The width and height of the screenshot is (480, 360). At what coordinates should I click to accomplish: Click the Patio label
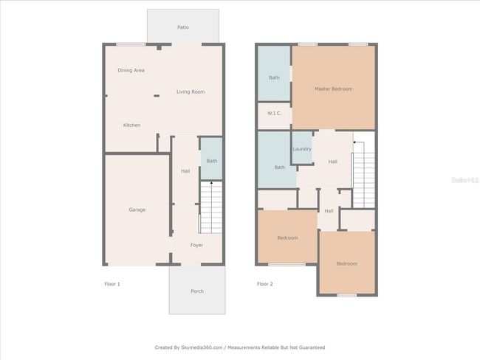click(183, 27)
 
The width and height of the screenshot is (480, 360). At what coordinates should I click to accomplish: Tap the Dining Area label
click(131, 70)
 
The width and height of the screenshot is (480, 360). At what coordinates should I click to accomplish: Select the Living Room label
click(191, 91)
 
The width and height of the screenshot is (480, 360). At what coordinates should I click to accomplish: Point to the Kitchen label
click(131, 125)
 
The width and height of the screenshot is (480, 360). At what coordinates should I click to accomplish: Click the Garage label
click(137, 210)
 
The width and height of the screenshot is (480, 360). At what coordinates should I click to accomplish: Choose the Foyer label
click(196, 245)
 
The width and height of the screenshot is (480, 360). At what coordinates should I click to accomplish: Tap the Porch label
click(197, 291)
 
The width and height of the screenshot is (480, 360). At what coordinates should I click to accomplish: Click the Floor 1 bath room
click(211, 159)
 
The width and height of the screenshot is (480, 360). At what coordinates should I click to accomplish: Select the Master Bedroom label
click(333, 89)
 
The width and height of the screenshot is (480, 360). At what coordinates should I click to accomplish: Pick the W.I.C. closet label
click(274, 113)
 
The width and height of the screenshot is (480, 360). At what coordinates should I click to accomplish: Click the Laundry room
click(302, 148)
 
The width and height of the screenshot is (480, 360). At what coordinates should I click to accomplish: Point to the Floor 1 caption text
click(112, 284)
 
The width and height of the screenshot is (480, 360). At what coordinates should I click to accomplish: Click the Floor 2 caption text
click(265, 284)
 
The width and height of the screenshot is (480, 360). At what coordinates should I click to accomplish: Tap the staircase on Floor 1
click(211, 208)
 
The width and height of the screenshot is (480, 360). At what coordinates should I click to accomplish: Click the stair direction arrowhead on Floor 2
click(354, 142)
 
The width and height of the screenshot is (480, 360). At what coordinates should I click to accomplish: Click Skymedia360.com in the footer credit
click(202, 347)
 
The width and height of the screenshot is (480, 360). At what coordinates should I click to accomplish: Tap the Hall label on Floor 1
click(185, 171)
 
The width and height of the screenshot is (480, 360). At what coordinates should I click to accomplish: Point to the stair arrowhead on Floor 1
click(211, 183)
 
